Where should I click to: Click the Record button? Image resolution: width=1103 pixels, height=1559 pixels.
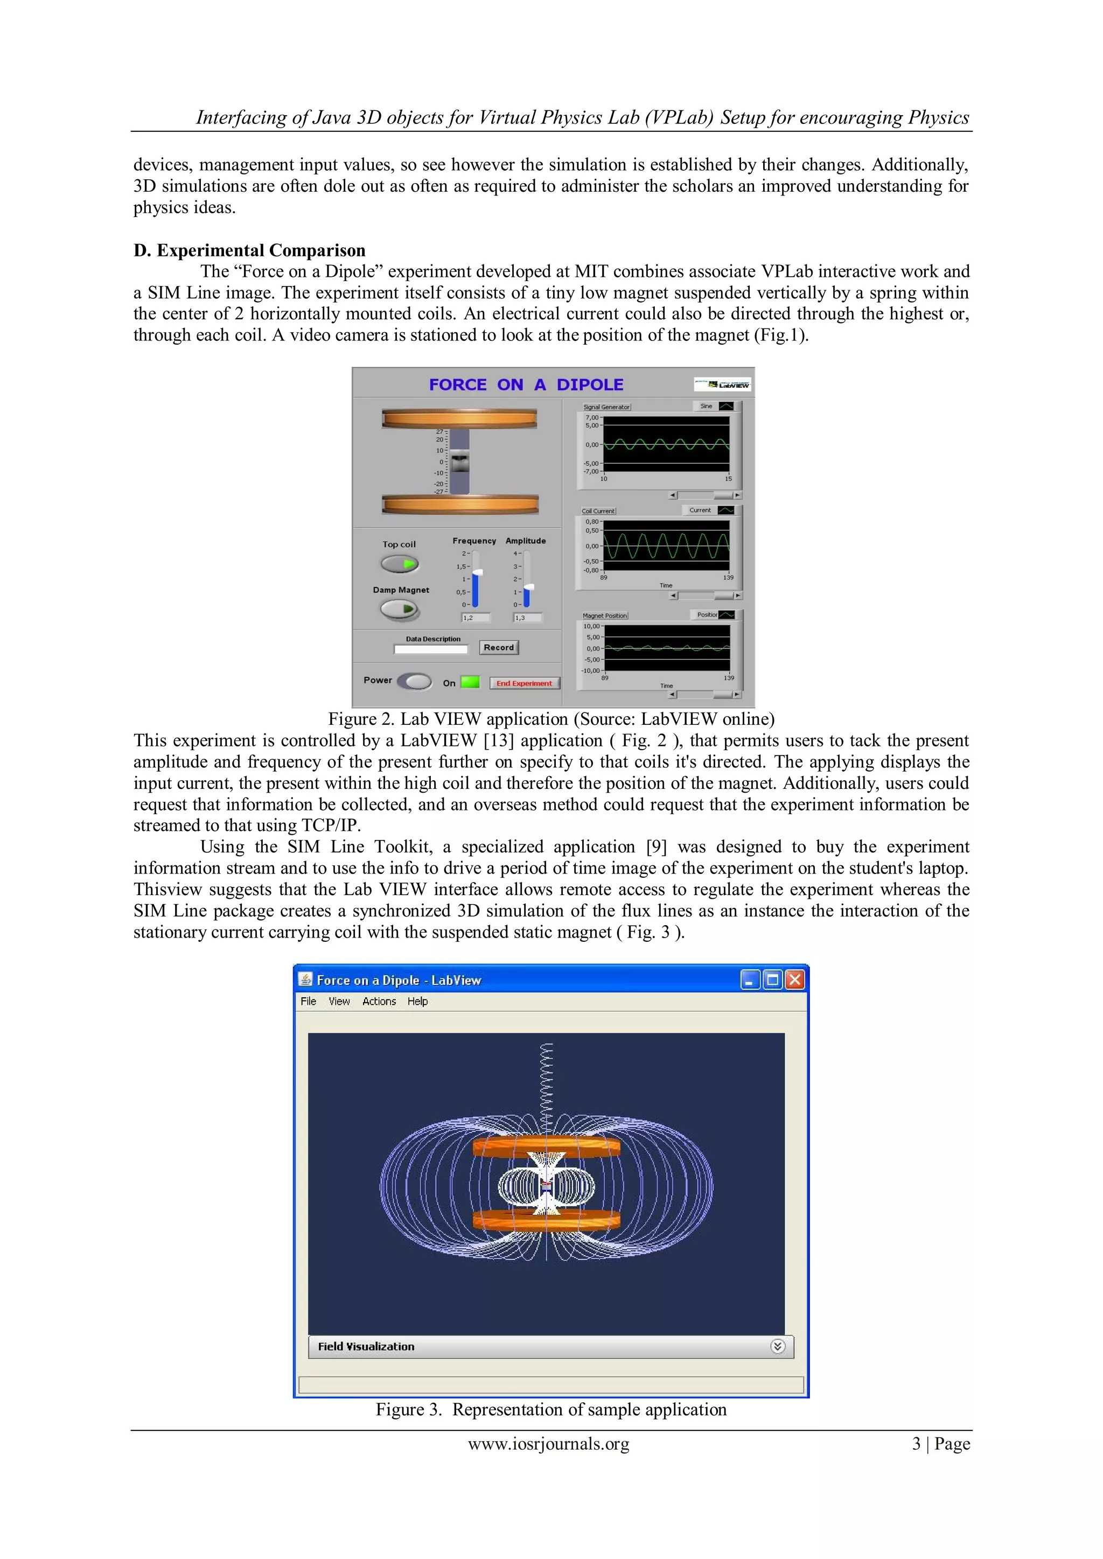tap(499, 647)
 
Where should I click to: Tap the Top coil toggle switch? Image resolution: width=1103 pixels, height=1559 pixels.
tap(400, 564)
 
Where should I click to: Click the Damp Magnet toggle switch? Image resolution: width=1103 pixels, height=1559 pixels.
tap(400, 610)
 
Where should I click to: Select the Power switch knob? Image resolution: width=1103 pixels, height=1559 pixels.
tap(414, 681)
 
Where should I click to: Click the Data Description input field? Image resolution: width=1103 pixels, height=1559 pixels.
tap(431, 649)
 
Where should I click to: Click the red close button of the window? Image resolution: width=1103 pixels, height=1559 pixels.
tap(794, 980)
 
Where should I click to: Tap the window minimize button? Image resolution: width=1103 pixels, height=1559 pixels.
tap(750, 980)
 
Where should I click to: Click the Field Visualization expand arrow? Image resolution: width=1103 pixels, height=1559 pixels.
tap(778, 1346)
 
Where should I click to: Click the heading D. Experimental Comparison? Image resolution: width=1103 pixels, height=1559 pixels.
tap(249, 250)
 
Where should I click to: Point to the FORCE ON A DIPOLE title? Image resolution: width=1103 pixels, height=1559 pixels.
tap(526, 384)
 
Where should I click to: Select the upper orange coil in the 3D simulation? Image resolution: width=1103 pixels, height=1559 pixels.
tap(546, 1147)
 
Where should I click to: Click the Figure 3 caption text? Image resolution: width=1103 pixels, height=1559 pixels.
tap(551, 1410)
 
